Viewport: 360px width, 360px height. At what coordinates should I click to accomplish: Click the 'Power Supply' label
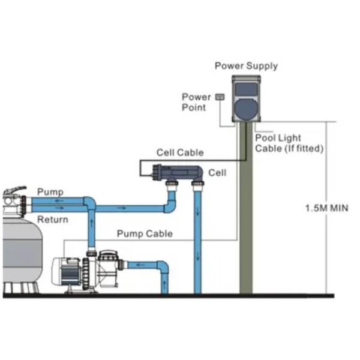246,66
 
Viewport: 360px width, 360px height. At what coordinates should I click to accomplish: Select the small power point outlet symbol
220,96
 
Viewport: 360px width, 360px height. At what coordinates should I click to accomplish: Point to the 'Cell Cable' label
180,153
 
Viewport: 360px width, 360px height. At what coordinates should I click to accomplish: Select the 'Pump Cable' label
145,233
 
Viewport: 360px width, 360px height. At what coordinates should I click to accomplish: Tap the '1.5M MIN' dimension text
326,208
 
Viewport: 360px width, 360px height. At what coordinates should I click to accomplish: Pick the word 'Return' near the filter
53,220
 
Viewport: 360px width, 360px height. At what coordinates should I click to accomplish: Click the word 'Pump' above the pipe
50,191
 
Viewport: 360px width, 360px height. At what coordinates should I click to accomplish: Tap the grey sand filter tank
21,252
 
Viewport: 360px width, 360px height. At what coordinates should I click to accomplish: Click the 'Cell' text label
217,173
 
